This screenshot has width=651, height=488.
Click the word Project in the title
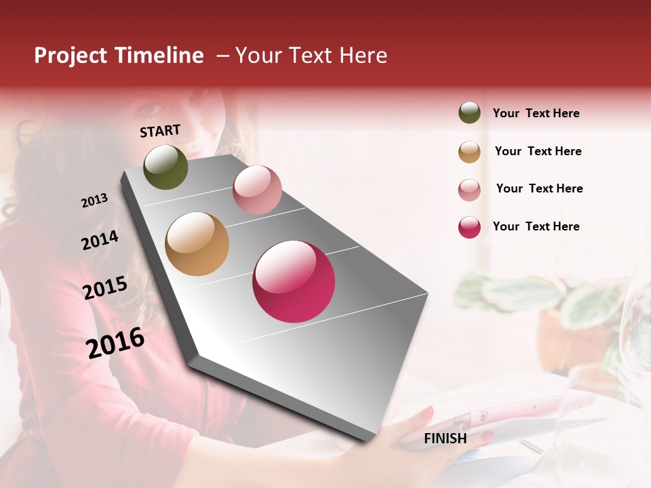click(70, 56)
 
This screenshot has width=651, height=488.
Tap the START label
click(160, 131)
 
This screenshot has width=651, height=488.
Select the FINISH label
click(445, 439)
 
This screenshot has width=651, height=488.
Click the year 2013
click(94, 201)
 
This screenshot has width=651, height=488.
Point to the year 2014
click(100, 241)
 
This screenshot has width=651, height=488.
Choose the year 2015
click(105, 288)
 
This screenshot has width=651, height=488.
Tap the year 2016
click(115, 342)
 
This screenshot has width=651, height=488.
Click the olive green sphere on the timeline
click(165, 167)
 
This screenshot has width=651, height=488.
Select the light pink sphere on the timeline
click(257, 190)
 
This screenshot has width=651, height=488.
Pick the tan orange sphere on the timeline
click(197, 244)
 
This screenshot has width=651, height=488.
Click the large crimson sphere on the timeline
click(294, 281)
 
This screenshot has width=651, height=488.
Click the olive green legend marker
click(469, 113)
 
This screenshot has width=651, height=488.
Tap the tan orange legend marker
click(469, 151)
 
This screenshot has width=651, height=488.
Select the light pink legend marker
click(469, 189)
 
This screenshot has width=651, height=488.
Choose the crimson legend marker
click(469, 227)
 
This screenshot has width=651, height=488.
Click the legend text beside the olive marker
click(536, 113)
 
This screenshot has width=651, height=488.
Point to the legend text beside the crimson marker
click(536, 226)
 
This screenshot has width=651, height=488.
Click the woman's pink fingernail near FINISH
click(427, 413)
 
